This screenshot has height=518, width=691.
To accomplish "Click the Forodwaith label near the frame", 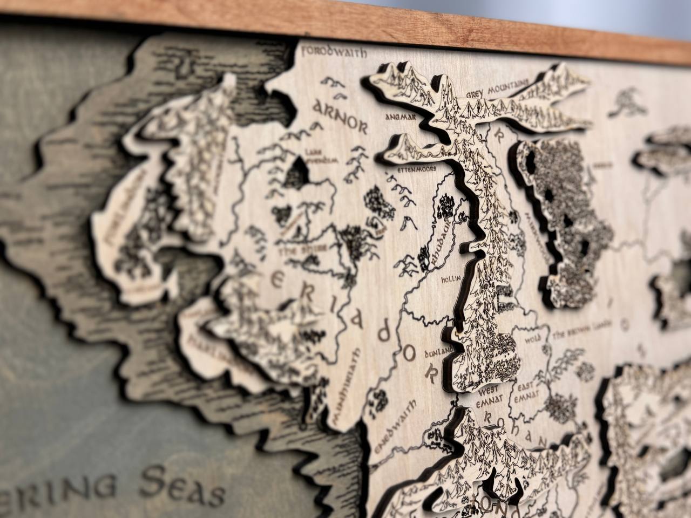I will coord(335,52).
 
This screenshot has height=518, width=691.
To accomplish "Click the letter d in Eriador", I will coord(383,334).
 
